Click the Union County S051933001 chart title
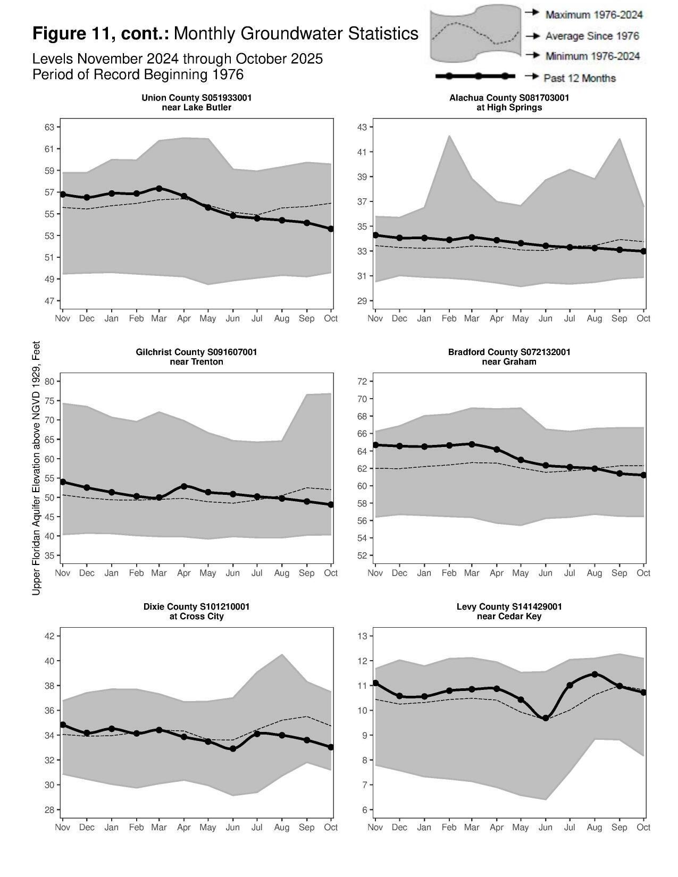pyautogui.click(x=196, y=98)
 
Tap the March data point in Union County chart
pyautogui.click(x=159, y=188)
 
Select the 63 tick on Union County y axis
pyautogui.click(x=49, y=127)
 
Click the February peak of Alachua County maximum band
pyautogui.click(x=449, y=136)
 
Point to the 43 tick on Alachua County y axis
pyautogui.click(x=362, y=127)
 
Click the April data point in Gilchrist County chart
pyautogui.click(x=184, y=486)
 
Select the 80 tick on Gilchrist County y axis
pyautogui.click(x=49, y=382)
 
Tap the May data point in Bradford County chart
pyautogui.click(x=521, y=460)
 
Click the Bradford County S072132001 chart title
pyautogui.click(x=509, y=352)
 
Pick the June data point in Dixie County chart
pyautogui.click(x=232, y=748)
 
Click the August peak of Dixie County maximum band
pyautogui.click(x=282, y=655)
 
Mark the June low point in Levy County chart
pyautogui.click(x=545, y=718)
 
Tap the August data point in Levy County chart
pyautogui.click(x=595, y=674)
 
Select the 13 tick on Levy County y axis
pyautogui.click(x=362, y=636)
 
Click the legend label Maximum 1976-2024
pyautogui.click(x=593, y=14)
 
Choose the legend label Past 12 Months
pyautogui.click(x=579, y=78)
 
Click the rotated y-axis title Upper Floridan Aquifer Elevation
pyautogui.click(x=36, y=468)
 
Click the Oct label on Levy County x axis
pyautogui.click(x=643, y=828)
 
